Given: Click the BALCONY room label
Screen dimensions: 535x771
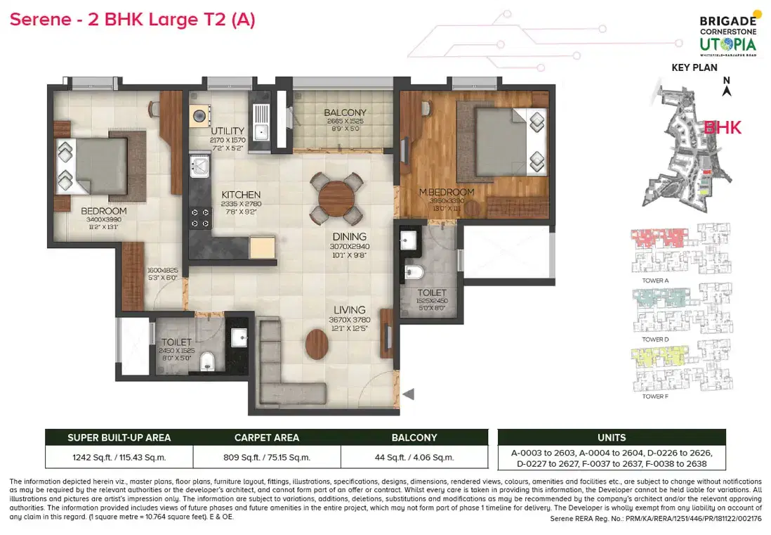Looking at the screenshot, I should [x=345, y=112].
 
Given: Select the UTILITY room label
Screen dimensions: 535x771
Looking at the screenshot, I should [x=228, y=131].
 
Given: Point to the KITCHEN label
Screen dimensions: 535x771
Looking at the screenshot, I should [x=241, y=195].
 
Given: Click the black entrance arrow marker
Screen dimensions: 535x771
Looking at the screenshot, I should [x=408, y=394].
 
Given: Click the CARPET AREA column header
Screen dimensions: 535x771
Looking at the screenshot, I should [x=266, y=437].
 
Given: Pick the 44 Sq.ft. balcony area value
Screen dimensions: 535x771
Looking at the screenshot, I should [x=414, y=457].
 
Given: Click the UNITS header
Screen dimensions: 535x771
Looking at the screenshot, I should [x=611, y=437].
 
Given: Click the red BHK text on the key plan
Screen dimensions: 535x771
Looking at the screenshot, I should [x=722, y=128].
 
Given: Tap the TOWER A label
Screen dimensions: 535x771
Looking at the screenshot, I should [x=656, y=280].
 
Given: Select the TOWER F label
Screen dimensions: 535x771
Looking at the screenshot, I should [x=656, y=397].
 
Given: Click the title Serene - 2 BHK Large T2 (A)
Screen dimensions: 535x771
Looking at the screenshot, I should [x=132, y=20].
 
